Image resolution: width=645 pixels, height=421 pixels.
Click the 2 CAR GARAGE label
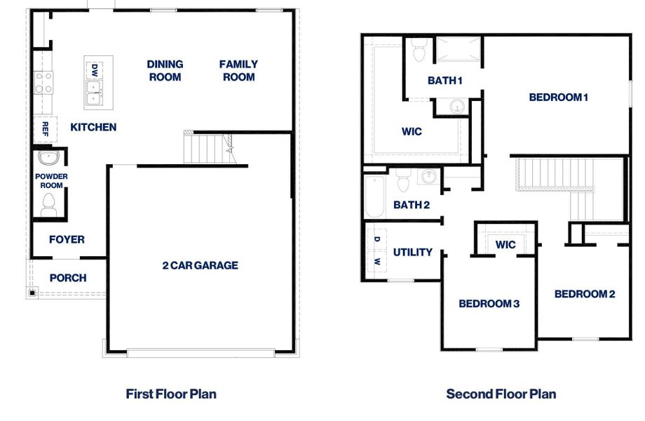point(200,265)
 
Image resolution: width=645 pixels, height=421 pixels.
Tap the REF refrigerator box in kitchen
point(45,128)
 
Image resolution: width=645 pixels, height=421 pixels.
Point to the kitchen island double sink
point(94,92)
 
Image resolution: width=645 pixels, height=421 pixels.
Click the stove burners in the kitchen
point(43,83)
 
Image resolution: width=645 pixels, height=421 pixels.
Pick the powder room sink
point(48,157)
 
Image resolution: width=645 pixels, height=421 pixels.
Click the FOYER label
point(67,239)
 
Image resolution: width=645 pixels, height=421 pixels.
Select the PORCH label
point(68,278)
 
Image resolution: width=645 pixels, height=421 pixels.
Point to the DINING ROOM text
point(165,70)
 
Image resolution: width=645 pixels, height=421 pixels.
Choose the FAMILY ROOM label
point(238,70)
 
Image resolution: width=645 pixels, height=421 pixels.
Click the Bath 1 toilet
point(419,51)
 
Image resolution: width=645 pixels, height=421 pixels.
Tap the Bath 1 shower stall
point(459,50)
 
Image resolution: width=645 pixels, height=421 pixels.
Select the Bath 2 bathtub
point(375,196)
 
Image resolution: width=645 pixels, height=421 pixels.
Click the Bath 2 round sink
point(428,176)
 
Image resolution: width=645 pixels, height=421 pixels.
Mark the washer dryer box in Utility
point(376,250)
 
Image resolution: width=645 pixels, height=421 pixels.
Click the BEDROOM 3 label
point(489,304)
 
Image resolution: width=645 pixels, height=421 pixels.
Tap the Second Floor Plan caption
point(501,394)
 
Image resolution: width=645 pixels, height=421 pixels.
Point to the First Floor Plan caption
point(171,394)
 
